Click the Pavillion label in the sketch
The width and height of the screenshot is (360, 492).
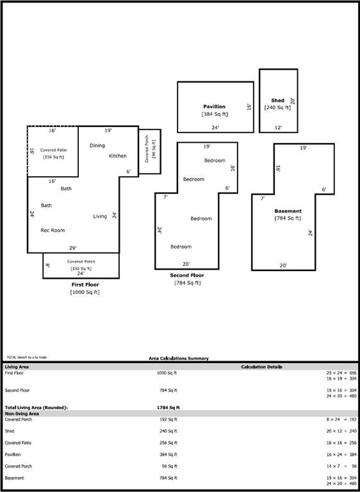coord(215,106)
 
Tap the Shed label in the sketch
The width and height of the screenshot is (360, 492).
coord(277,101)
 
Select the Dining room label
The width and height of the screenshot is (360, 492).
coord(97,145)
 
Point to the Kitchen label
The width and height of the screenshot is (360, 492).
coord(118,156)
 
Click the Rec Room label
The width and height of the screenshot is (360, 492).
coord(53,230)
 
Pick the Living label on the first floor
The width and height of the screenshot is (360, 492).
coord(100,216)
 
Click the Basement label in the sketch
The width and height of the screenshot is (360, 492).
coord(288,211)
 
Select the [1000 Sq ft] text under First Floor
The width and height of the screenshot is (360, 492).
coord(85,292)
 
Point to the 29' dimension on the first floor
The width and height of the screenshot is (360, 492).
coord(73,248)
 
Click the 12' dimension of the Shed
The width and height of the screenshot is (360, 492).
coord(278,127)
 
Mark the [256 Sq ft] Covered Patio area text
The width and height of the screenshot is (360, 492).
coord(53,157)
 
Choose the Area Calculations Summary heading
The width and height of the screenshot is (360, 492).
coord(179,358)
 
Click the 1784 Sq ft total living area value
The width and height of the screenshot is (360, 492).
coord(168,407)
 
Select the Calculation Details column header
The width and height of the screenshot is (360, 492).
coord(261,367)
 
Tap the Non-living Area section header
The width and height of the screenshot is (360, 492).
coord(23,414)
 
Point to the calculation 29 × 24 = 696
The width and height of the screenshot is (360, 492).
coord(336,372)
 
